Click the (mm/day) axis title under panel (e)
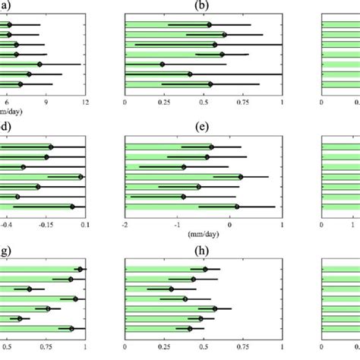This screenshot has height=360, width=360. pos(203,235)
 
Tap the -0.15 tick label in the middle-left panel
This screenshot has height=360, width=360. pos(45,225)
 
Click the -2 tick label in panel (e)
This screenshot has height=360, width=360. pos(125,225)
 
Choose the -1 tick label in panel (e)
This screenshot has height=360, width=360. pos(177,225)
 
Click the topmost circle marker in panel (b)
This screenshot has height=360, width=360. pos(210,24)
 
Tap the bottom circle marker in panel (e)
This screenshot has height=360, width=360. pos(237,207)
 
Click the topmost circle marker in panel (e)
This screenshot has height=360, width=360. pos(211,147)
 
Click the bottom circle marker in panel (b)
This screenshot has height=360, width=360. pos(210,84)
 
